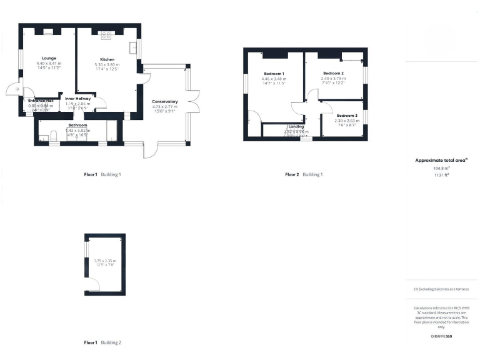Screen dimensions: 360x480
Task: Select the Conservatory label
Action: click(x=165, y=101)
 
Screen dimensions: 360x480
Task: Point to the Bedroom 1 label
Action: click(x=274, y=74)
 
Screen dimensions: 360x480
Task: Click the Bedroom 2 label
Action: click(x=334, y=73)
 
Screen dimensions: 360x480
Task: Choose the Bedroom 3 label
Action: click(x=347, y=116)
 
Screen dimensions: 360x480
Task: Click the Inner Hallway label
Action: click(x=78, y=98)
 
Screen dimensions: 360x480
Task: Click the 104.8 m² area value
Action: click(x=441, y=168)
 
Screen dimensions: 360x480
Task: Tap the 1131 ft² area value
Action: click(x=441, y=174)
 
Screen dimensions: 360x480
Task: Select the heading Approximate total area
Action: click(x=441, y=161)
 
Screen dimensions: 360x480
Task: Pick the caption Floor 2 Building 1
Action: click(x=304, y=174)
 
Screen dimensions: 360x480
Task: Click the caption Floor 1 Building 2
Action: click(x=102, y=342)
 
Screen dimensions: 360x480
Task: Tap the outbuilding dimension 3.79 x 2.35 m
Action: click(x=106, y=261)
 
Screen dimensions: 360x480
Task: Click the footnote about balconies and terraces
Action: click(x=441, y=290)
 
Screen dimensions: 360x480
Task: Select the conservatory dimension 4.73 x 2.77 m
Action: click(x=165, y=107)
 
